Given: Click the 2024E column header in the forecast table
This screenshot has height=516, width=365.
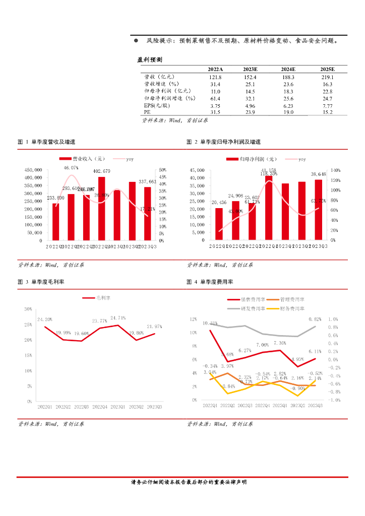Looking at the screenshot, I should click(288, 69).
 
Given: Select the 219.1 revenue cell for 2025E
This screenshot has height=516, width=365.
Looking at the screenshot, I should click(327, 77).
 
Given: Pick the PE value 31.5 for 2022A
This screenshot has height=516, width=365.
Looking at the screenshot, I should click(215, 112).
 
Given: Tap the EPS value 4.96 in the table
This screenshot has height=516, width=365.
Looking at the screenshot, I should click(250, 105).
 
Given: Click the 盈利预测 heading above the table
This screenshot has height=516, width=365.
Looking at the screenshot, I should click(150, 59).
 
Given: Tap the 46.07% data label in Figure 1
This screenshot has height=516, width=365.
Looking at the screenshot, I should click(71, 167).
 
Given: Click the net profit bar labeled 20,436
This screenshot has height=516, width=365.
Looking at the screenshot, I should click(219, 224).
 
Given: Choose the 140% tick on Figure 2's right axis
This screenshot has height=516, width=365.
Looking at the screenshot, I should click(336, 170).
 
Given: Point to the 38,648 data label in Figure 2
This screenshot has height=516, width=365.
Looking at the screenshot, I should click(318, 174).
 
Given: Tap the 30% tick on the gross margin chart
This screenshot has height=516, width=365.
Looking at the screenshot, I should click(28, 309).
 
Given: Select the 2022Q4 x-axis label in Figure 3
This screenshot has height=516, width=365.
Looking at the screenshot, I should click(100, 406).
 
